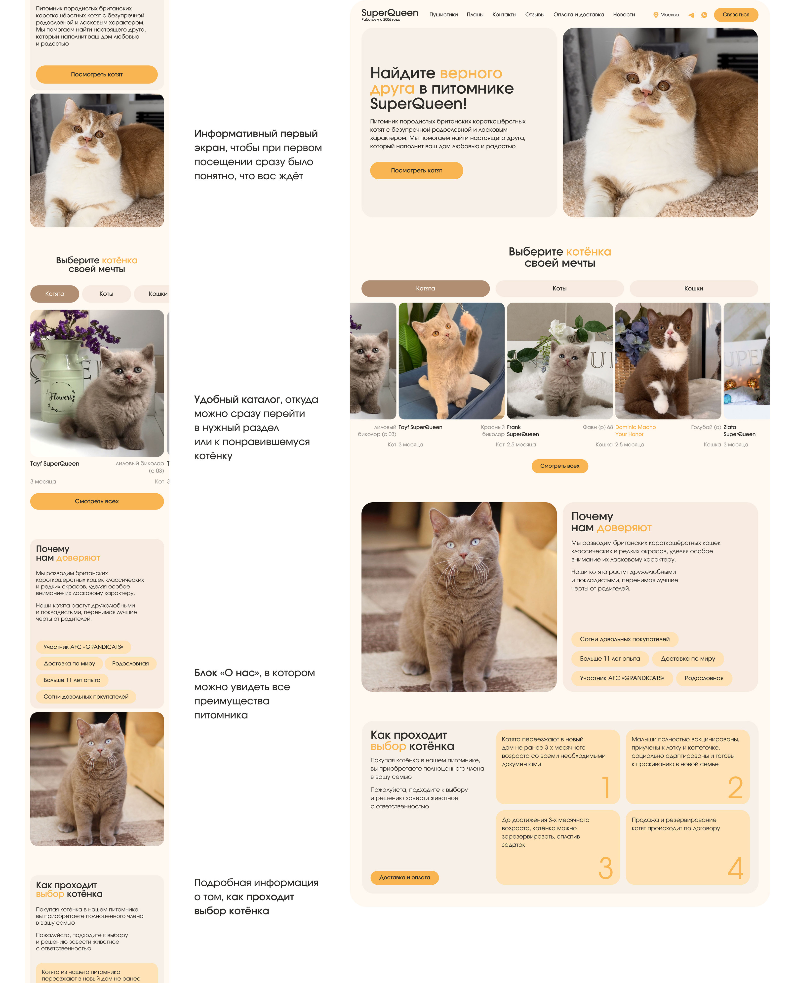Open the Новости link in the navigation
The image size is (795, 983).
[624, 15]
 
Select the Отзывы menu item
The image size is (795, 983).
[534, 15]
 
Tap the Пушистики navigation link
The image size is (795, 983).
[443, 15]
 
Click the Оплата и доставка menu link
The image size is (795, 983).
[578, 15]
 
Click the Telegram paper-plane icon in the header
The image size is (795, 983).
[691, 15]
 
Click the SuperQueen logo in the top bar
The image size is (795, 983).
[390, 14]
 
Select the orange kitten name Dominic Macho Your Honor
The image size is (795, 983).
[635, 430]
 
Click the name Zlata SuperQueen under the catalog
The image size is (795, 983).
[739, 430]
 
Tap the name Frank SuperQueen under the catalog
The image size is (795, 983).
[522, 430]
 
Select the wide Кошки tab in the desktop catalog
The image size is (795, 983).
[693, 288]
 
